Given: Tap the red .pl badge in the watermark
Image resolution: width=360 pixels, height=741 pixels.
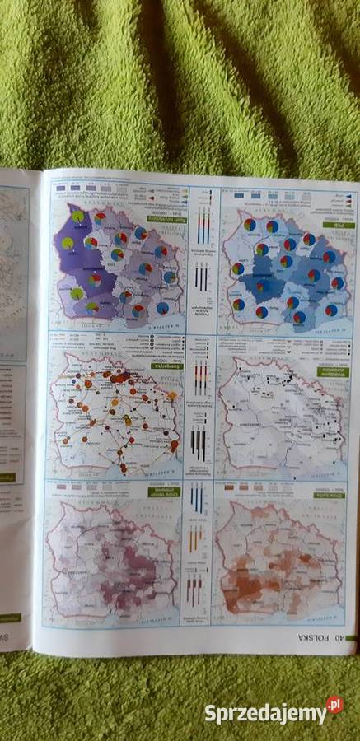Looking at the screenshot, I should (333, 706).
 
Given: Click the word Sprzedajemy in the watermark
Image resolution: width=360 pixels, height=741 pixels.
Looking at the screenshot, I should (264, 712).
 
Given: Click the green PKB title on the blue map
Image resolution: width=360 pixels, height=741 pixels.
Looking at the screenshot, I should (338, 223).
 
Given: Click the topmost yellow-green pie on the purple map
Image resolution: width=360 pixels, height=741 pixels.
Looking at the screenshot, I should (78, 216).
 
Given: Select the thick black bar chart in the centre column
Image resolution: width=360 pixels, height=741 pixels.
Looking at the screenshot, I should (199, 444).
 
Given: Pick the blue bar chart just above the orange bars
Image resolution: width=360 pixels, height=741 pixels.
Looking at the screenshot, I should (196, 497).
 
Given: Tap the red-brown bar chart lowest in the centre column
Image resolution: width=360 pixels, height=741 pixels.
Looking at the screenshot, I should (194, 590).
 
